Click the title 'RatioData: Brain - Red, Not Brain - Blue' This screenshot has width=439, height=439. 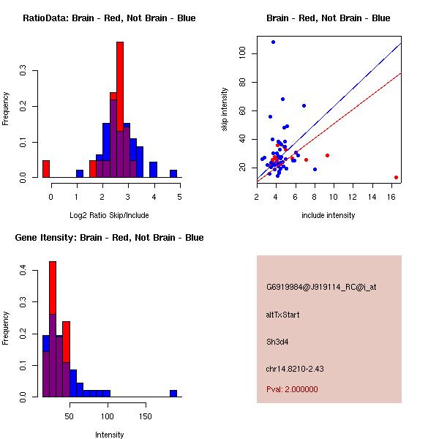(x=108, y=18)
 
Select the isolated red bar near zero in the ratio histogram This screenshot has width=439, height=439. (x=46, y=169)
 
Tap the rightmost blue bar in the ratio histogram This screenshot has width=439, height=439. (x=173, y=174)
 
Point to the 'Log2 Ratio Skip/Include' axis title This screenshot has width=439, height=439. (x=108, y=215)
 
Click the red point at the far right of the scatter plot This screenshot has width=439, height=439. (x=396, y=177)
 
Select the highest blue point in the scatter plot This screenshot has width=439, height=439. (x=273, y=42)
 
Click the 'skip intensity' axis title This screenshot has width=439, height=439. (x=225, y=110)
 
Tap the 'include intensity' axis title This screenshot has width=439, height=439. (x=329, y=215)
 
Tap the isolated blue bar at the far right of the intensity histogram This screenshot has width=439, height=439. (x=173, y=393)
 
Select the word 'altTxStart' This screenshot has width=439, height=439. (x=282, y=315)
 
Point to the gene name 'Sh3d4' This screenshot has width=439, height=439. (x=277, y=342)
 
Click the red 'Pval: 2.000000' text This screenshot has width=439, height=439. (x=292, y=389)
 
